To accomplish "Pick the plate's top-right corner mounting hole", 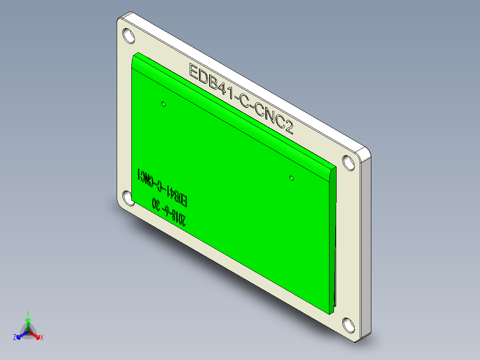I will pos(348,162).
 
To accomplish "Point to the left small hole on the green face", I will pos(163,104).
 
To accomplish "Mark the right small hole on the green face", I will pos(291,178).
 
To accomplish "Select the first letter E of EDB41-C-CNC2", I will pos(195,71).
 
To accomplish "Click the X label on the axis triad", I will pos(41,338).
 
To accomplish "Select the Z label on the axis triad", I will pos(15,337).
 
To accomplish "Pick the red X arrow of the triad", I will pos(36,335).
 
